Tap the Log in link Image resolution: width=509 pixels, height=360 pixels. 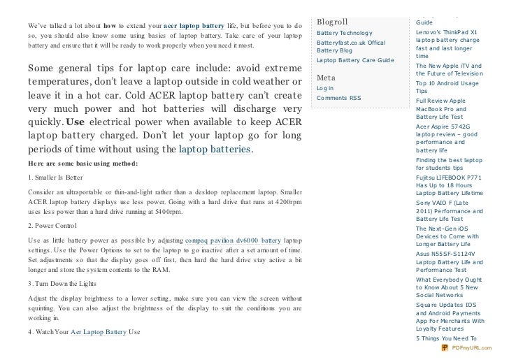coord(325,89)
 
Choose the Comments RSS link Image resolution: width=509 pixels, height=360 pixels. coord(338,99)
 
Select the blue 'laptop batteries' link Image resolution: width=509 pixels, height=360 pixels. coord(214,150)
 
